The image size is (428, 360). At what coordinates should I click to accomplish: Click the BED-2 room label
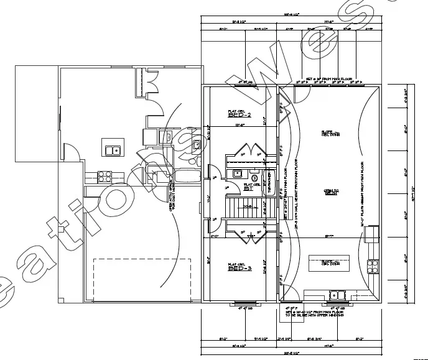239,115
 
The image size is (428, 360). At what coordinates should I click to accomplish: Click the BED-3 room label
239,269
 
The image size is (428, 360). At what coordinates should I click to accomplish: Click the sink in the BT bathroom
237,173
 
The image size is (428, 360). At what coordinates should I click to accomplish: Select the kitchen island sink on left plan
112,149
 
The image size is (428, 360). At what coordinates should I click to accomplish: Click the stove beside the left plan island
103,176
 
